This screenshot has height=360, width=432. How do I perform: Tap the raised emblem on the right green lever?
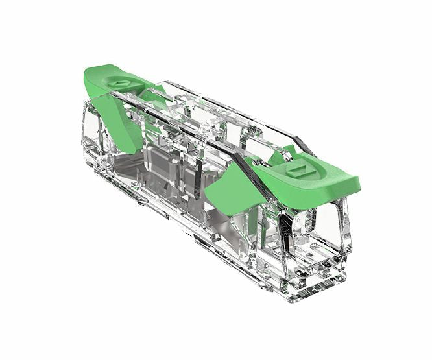tap(300, 171)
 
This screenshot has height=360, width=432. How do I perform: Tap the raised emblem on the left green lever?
tap(119, 83)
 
